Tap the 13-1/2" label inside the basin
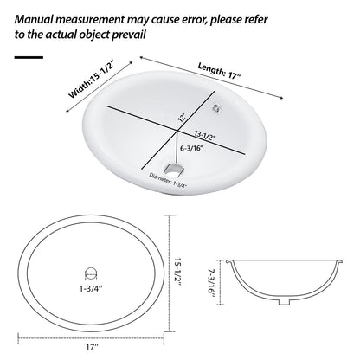(x=209, y=137)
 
